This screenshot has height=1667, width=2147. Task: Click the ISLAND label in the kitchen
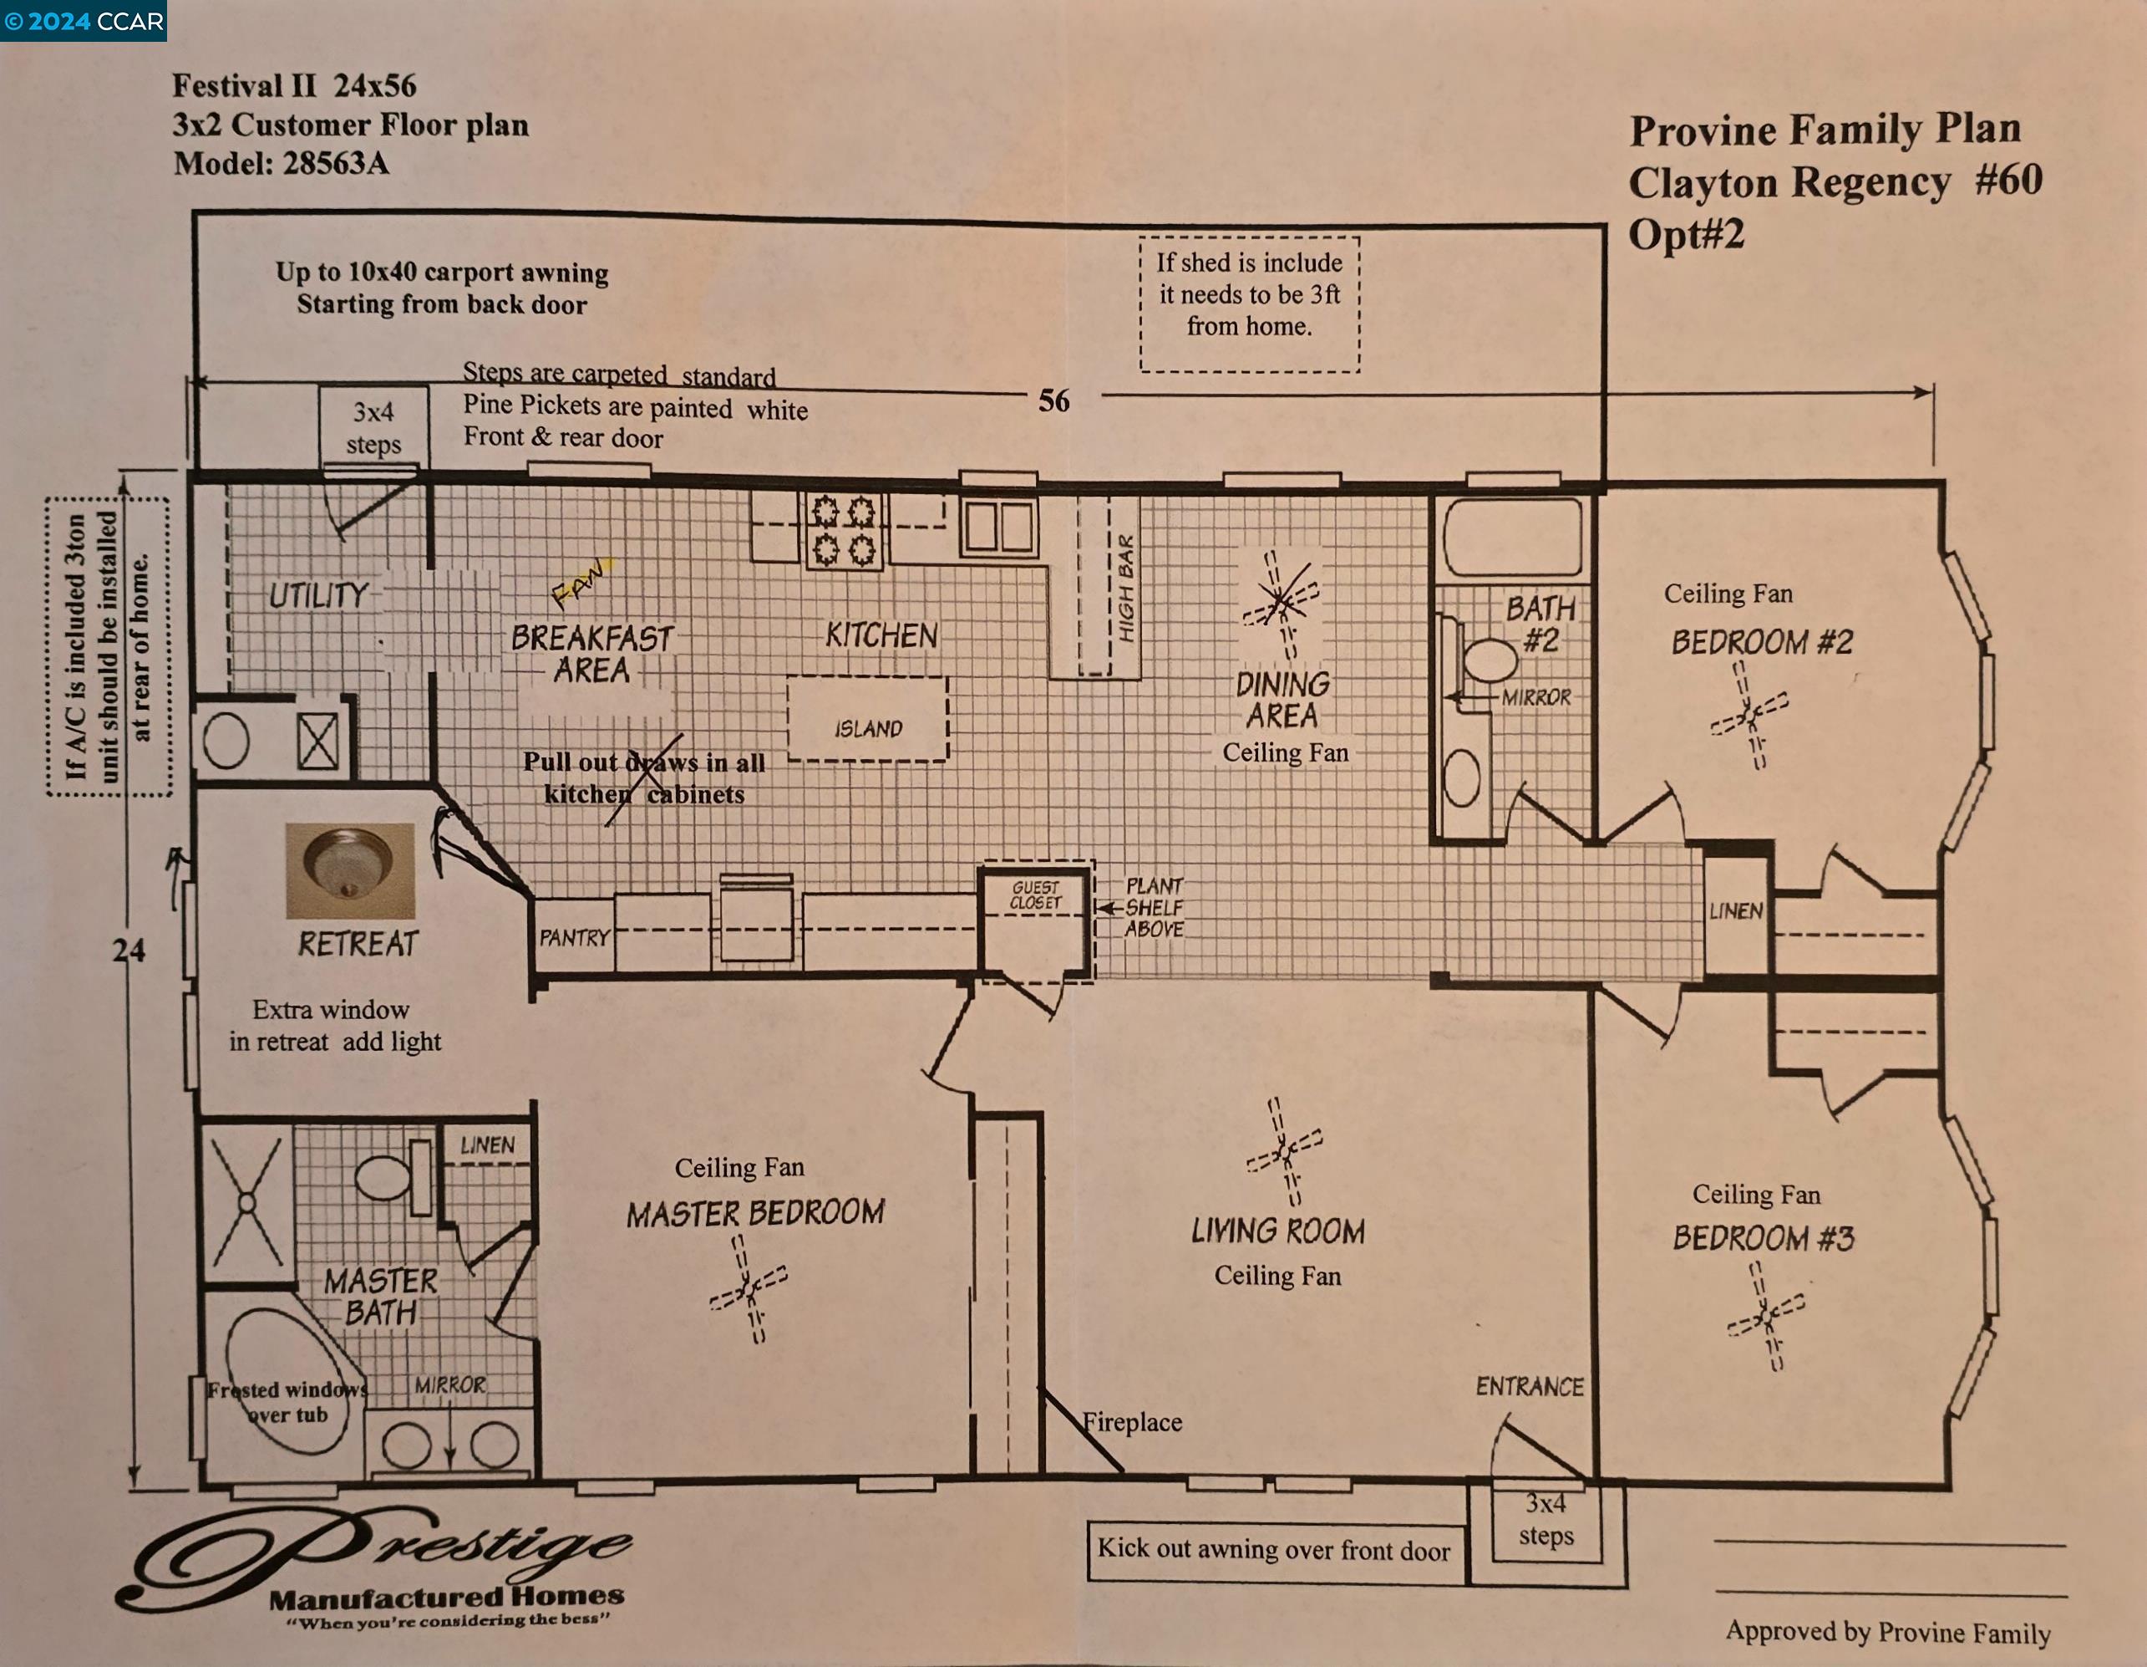click(868, 729)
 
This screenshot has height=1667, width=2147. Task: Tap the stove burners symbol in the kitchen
click(844, 531)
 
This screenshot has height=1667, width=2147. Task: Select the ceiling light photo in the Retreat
click(350, 870)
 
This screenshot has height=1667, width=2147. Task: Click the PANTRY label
click(573, 937)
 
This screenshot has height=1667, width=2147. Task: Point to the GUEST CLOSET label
click(1036, 895)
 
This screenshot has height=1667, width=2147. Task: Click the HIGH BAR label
click(1125, 588)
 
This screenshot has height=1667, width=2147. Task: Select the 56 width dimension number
click(1053, 400)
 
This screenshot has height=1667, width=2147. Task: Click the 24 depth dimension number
click(128, 950)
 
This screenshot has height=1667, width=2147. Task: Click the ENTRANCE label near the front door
click(1530, 1387)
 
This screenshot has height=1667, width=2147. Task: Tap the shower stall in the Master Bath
click(246, 1203)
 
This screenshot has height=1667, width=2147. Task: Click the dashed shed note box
click(1250, 304)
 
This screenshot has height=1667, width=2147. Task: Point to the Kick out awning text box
click(1274, 1550)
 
